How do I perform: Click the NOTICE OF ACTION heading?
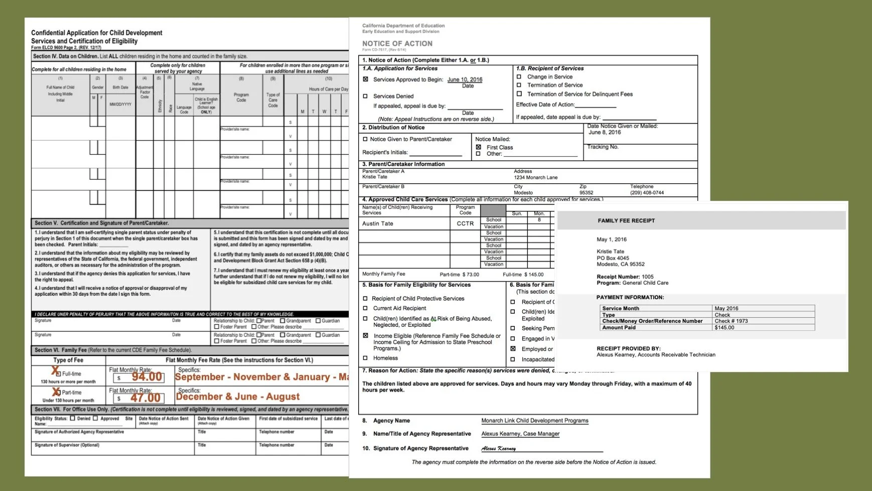point(397,44)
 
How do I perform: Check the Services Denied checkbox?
point(365,96)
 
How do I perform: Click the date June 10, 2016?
point(465,79)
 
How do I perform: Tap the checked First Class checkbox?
point(478,147)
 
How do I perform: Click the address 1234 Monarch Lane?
point(535,177)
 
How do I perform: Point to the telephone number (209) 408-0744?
point(647,192)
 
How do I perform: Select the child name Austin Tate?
point(378,223)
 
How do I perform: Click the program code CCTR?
point(465,223)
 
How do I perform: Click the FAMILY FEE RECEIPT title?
point(626,220)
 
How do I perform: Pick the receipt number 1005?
point(647,277)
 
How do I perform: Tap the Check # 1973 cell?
point(731,321)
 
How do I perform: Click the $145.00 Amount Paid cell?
point(724,327)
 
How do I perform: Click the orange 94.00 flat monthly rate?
point(147,377)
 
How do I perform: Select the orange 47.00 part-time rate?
point(146,398)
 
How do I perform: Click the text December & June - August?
point(238,397)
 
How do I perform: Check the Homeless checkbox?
point(365,358)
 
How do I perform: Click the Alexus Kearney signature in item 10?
point(498,448)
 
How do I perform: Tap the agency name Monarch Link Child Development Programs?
point(534,421)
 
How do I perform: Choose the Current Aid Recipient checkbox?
point(365,308)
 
